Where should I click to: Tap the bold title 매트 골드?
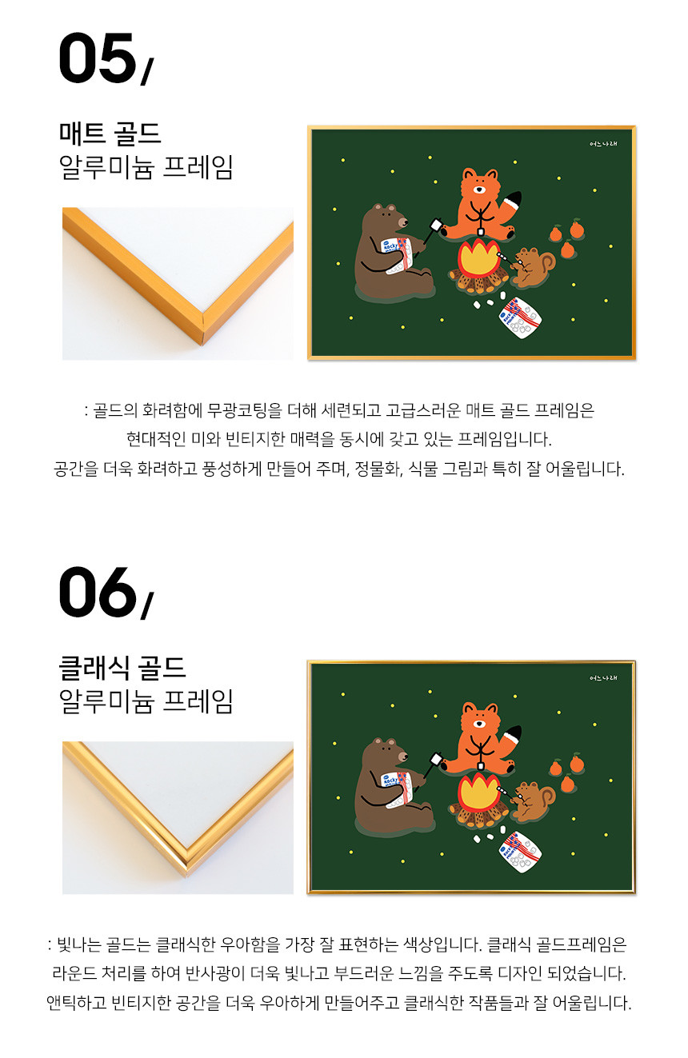[x=110, y=133]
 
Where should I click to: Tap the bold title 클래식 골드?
[x=122, y=668]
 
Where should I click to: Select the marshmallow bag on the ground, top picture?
[x=520, y=317]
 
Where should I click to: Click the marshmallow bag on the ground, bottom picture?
[x=520, y=852]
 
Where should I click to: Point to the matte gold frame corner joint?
[x=203, y=326]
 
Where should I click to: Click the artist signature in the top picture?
[x=603, y=144]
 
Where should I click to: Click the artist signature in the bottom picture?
[x=603, y=678]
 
